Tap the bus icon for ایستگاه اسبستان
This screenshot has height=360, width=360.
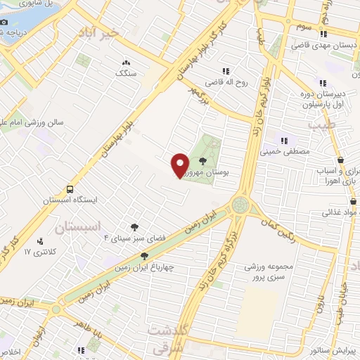(70, 189)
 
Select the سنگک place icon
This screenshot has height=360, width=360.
(127, 63)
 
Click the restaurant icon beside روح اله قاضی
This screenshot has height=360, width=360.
(226, 71)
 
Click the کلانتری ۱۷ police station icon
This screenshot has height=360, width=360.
(39, 240)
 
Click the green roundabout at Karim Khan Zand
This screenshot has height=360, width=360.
(241, 205)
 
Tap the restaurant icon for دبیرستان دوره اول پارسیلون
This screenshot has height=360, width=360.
(324, 82)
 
